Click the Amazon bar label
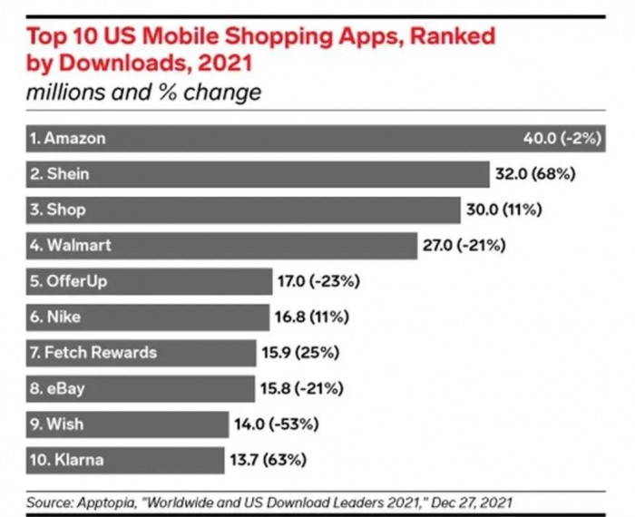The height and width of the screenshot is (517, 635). (68, 139)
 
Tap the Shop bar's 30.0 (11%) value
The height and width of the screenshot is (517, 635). (504, 210)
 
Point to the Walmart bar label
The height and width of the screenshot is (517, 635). (71, 245)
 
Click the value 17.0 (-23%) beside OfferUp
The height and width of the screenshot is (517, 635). (318, 281)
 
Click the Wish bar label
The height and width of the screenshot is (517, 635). (54, 424)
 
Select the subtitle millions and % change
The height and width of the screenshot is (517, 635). (143, 93)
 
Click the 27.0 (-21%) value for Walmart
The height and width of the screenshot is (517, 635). (464, 245)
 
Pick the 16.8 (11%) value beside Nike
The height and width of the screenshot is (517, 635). (313, 317)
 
